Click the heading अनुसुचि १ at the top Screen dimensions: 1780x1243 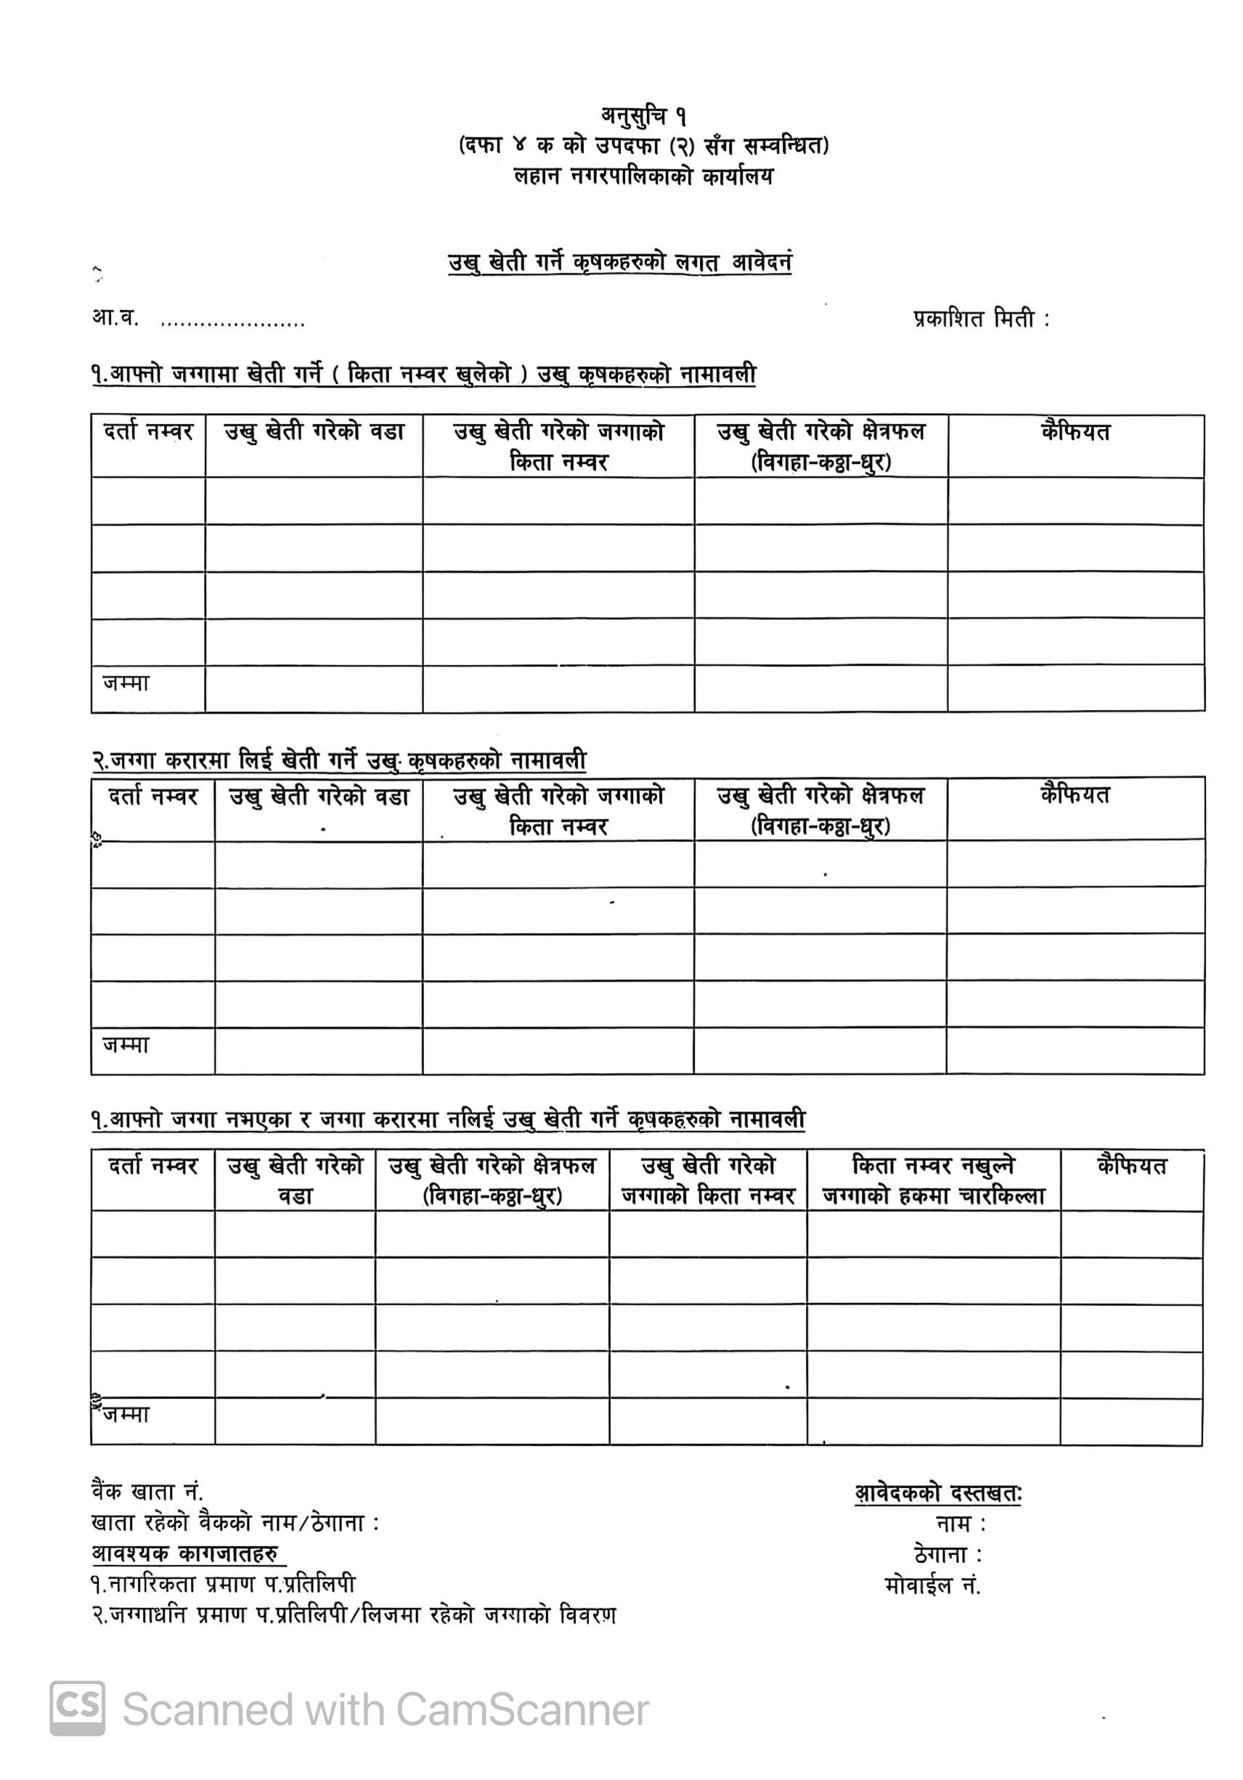point(643,116)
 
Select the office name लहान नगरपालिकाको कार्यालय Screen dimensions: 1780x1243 point(643,176)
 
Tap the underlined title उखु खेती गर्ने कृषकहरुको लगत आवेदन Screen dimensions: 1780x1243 point(619,263)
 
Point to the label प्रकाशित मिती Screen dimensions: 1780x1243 point(981,319)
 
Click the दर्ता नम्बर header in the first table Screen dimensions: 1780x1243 point(148,432)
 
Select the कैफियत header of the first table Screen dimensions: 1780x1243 point(1075,432)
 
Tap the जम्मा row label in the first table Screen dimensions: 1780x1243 point(126,683)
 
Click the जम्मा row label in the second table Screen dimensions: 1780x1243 point(126,1045)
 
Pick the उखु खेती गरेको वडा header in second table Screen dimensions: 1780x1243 point(319,796)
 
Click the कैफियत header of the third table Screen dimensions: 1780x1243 point(1131,1165)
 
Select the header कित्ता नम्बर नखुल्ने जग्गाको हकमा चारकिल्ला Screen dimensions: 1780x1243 point(934,1180)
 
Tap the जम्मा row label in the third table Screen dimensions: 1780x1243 point(126,1415)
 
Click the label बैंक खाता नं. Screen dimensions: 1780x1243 point(147,1492)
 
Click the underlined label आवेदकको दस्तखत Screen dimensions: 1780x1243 point(938,1493)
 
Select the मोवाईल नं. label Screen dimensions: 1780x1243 point(933,1585)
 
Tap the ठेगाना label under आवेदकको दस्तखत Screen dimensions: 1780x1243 point(947,1554)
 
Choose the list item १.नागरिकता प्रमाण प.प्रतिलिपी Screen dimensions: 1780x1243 point(224,1585)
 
